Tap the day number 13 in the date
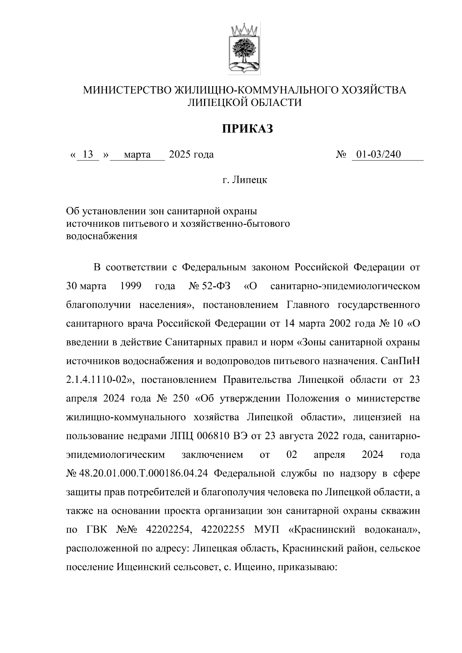coord(88,155)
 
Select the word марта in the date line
coord(137,155)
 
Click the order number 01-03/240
coord(378,155)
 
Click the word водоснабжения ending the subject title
coord(102,236)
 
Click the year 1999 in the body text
coord(131,286)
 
